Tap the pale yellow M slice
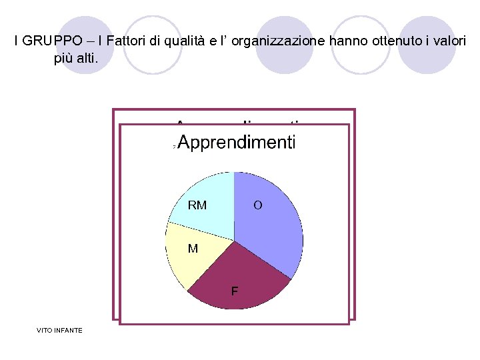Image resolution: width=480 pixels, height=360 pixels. [x=187, y=257]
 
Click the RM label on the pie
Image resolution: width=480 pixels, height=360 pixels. [x=197, y=205]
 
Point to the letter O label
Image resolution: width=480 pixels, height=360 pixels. [x=257, y=205]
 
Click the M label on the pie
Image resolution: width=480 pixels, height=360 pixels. [x=193, y=249]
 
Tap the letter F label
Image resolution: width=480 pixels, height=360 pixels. [x=235, y=291]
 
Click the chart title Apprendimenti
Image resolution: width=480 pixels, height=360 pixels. [x=237, y=143]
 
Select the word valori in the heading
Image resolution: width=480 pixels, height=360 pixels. [x=450, y=41]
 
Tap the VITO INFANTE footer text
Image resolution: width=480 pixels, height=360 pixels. [x=61, y=330]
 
